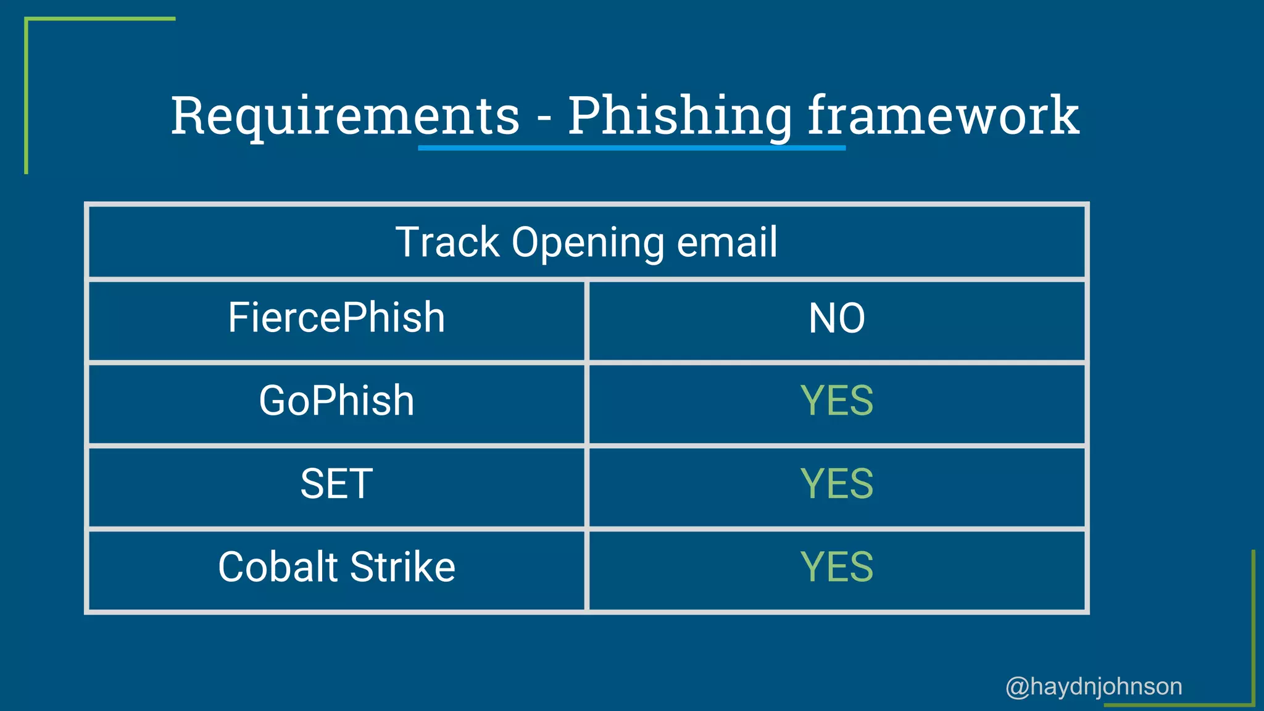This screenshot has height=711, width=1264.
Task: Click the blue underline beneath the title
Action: (631, 148)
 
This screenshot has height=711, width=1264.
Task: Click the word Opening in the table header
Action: (588, 243)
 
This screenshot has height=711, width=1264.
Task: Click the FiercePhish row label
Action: (336, 318)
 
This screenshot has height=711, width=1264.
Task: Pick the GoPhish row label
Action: (336, 401)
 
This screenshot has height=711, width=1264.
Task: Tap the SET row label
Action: (336, 483)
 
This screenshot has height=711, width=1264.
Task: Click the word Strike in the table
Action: (402, 567)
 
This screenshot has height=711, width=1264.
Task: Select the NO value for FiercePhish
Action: (836, 318)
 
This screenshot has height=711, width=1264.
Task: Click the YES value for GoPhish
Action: (836, 401)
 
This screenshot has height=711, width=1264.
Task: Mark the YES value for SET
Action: (836, 483)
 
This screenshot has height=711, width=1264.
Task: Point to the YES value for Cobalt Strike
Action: (836, 567)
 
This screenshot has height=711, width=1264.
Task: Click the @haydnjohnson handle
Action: (1094, 686)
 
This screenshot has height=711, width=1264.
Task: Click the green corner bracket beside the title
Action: (27, 93)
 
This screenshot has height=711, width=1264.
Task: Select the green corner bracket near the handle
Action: (1252, 648)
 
